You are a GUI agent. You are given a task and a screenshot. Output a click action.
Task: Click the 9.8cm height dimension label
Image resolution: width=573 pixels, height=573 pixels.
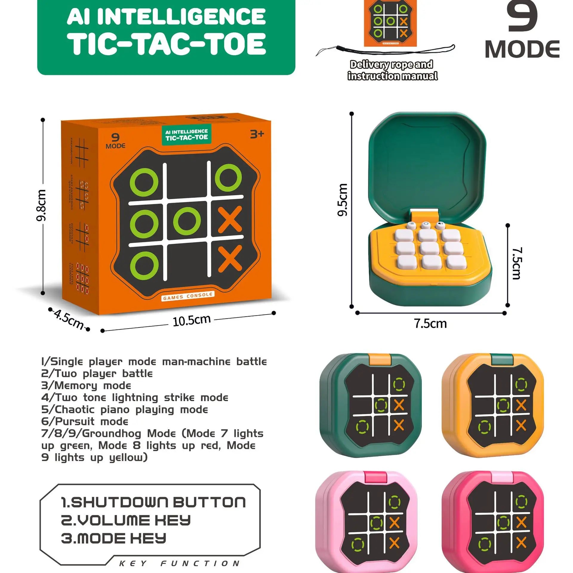click(41, 205)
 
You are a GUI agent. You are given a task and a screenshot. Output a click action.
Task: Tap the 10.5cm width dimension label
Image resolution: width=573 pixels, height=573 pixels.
click(192, 321)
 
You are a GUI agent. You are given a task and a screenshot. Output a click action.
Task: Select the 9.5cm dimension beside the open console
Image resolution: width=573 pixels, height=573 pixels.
click(343, 199)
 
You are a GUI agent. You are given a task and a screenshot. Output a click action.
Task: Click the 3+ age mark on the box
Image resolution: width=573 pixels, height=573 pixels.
click(257, 134)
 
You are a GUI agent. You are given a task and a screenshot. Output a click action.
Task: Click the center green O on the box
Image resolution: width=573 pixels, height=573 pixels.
click(187, 221)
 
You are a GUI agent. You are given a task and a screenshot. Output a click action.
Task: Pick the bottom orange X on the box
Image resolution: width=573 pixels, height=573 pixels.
click(230, 259)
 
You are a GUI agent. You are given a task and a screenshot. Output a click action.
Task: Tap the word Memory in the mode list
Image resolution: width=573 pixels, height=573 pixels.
click(76, 386)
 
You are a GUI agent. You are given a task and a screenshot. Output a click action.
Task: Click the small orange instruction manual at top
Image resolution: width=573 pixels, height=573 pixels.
click(390, 23)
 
